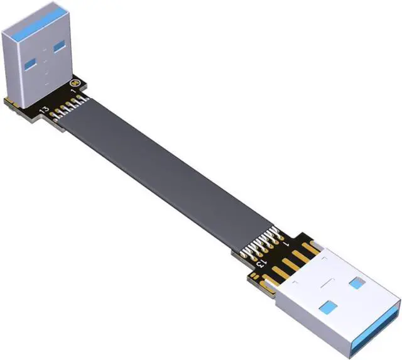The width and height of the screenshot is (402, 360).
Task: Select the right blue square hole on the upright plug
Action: (x=59, y=46)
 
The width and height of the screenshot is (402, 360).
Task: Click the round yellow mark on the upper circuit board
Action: (x=76, y=83)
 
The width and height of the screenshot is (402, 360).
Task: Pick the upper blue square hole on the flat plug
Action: (x=356, y=283)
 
